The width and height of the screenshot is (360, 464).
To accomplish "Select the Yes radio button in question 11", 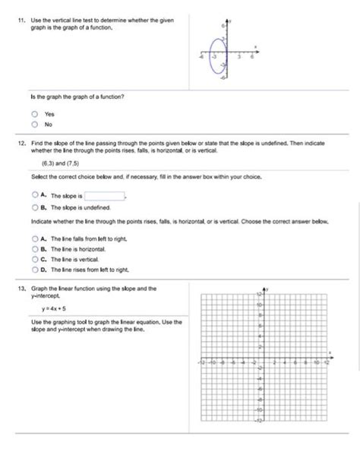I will tap(35, 114).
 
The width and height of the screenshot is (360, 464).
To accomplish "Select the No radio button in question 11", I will tap(35, 124).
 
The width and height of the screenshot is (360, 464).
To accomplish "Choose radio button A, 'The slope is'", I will tap(35, 195).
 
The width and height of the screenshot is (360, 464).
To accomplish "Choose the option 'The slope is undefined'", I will tap(35, 207).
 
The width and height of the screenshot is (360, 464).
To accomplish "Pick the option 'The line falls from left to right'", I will tap(35, 238).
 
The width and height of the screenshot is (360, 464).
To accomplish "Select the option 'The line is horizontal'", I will tap(35, 248).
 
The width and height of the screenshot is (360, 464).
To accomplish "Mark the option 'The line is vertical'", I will tap(35, 259).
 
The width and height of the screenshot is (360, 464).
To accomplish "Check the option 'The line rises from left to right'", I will tap(35, 269).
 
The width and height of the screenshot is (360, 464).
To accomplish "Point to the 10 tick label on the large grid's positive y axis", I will tap(258, 304).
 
